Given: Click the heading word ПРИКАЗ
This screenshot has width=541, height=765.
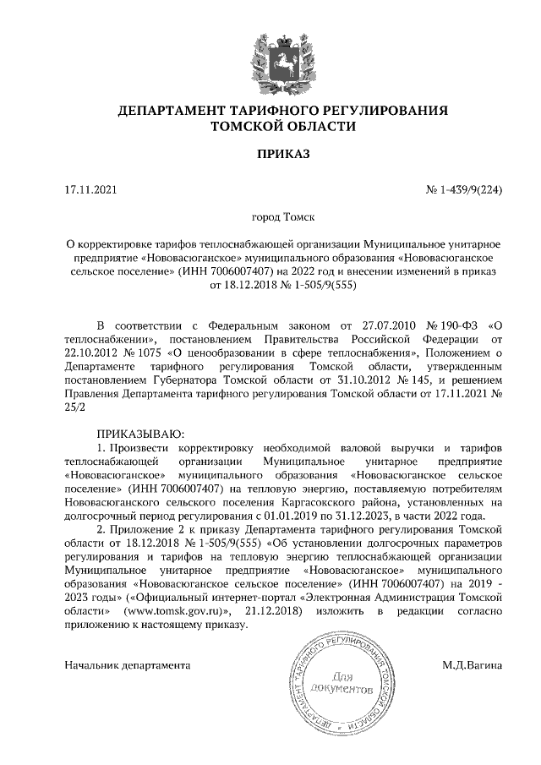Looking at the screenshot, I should [270, 154].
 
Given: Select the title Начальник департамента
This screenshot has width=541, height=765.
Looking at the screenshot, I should [127, 665].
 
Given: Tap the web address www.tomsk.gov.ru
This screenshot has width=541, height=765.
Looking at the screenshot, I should [172, 611].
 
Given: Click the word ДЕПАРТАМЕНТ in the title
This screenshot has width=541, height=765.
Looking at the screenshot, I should [180, 111].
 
